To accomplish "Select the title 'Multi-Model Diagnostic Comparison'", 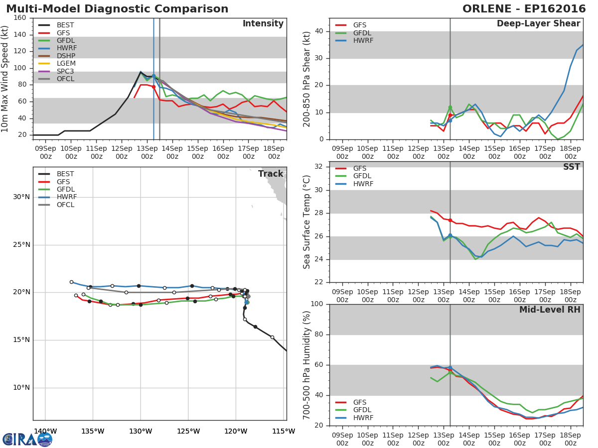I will click(x=117, y=9).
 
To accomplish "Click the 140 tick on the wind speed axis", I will click(x=20, y=34).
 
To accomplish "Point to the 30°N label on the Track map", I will click(x=21, y=197).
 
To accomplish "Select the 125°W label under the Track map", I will click(x=188, y=431).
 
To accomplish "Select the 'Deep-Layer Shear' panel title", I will click(x=538, y=23).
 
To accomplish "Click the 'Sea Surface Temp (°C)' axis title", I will click(x=307, y=222).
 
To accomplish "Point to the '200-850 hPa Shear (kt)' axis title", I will click(x=307, y=79).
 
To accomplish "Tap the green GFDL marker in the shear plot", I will click(x=450, y=108).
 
